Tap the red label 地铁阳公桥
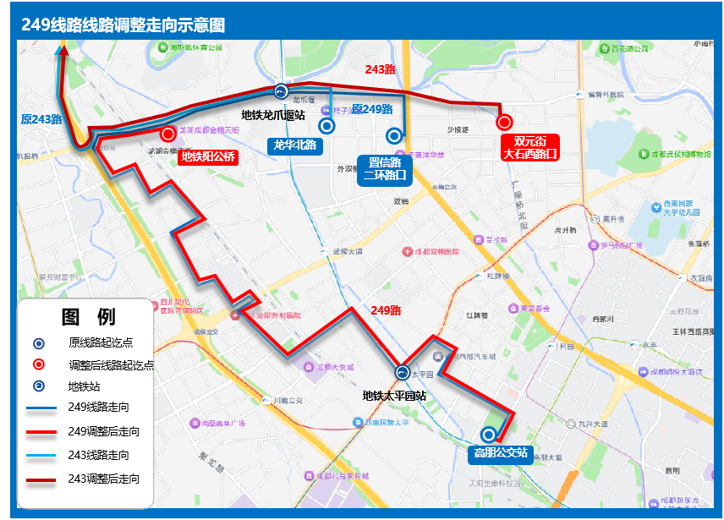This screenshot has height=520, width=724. click(208, 156)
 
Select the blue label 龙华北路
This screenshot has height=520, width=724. click(294, 145)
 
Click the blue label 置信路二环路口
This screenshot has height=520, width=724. click(385, 168)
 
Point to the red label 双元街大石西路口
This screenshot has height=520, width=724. click(529, 147)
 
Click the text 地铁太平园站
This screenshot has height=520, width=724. click(394, 395)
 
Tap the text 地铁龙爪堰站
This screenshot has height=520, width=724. click(273, 115)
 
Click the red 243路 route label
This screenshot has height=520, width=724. click(380, 69)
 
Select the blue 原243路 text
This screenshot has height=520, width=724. click(41, 119)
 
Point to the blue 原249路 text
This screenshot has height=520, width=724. click(372, 109)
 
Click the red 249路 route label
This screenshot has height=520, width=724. click(386, 310)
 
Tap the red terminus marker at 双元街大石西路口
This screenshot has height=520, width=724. click(504, 123)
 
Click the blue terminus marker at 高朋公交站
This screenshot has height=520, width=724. click(488, 435)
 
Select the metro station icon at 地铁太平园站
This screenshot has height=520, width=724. click(403, 372)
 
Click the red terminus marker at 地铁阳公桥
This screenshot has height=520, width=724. click(168, 133)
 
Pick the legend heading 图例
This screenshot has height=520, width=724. click(88, 317)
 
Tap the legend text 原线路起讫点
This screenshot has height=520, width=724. click(101, 342)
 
